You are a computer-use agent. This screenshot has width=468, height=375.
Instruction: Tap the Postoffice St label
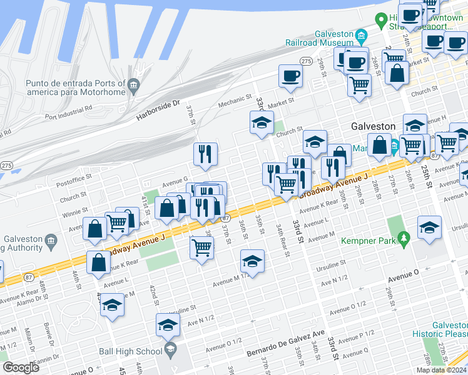coord(74,177)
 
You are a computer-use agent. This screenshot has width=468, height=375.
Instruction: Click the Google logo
coord(21,367)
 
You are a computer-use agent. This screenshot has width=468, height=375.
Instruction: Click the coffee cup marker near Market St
coord(290,77)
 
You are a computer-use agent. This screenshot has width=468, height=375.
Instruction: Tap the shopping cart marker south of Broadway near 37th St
coord(202,247)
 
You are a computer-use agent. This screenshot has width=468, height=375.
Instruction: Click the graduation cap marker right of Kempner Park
coord(429,227)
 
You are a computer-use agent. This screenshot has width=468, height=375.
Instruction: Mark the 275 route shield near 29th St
coord(306,61)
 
